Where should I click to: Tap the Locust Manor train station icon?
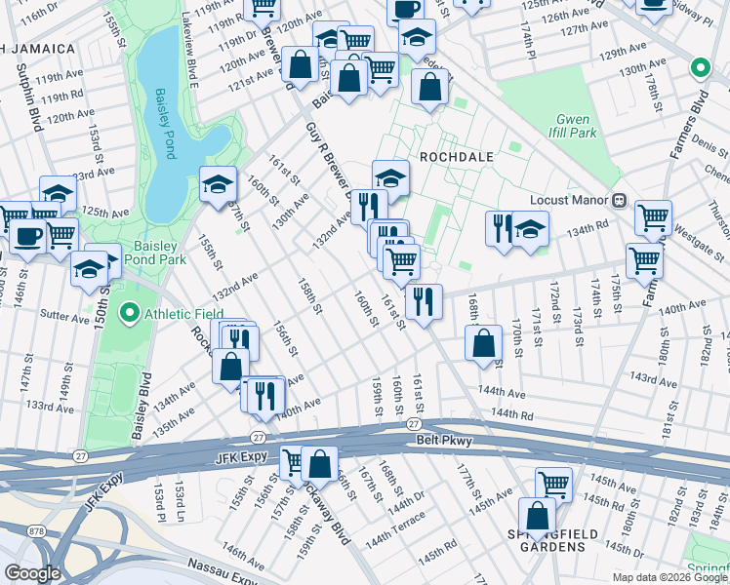click(x=618, y=200)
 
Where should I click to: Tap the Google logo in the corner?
click(x=31, y=573)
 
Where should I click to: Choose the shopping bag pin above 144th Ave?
click(x=483, y=342)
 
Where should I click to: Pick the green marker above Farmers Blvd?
click(x=699, y=68)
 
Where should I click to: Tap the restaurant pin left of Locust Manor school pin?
click(x=501, y=228)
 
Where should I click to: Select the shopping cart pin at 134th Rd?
click(x=653, y=217)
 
